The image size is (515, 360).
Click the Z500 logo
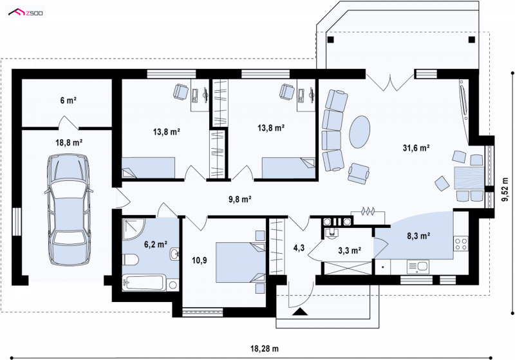pos(26,13)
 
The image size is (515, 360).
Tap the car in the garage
pos(69,209)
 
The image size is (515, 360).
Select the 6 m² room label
pos(68,100)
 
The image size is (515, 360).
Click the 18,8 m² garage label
pos(69,142)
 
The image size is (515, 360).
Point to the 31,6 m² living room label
pos(417,148)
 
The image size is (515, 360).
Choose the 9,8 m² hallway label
pos(240,200)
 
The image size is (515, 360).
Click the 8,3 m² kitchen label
pos(419,236)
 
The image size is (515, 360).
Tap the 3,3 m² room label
pos(350,251)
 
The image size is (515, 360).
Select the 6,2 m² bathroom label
pos(156,244)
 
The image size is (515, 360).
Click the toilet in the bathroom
pos(131,259)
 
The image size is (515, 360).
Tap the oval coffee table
pos(360,132)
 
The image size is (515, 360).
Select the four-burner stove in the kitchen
pos(461,243)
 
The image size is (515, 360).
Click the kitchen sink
pos(418,267)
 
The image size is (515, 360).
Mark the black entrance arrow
pos(300,312)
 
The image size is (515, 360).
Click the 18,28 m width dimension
pos(265,348)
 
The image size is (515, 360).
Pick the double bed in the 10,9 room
pos(240,262)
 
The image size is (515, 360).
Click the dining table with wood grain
pos(469,178)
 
